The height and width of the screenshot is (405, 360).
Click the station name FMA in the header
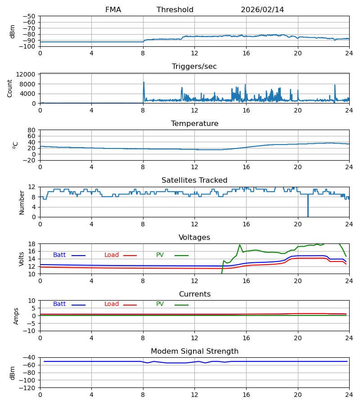[113, 10]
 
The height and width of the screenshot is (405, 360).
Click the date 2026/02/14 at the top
[262, 10]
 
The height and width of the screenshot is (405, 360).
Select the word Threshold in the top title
[175, 10]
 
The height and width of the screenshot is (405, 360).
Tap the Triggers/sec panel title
[194, 67]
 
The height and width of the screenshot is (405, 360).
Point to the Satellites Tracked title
[194, 180]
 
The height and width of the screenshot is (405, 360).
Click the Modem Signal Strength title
[194, 351]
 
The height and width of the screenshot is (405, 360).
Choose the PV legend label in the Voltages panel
[160, 255]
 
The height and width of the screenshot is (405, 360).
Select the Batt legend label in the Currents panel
[59, 304]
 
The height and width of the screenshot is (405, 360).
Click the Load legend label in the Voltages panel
[112, 255]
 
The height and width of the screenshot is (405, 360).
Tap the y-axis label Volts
[22, 259]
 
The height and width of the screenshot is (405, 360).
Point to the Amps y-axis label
[17, 316]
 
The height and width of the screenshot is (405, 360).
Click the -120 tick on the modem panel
[28, 387]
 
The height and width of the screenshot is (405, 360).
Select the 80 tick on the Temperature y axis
[31, 130]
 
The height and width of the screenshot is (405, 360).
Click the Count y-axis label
[10, 88]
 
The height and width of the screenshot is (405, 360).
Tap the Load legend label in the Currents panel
[112, 304]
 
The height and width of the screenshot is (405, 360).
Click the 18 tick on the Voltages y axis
[31, 244]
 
